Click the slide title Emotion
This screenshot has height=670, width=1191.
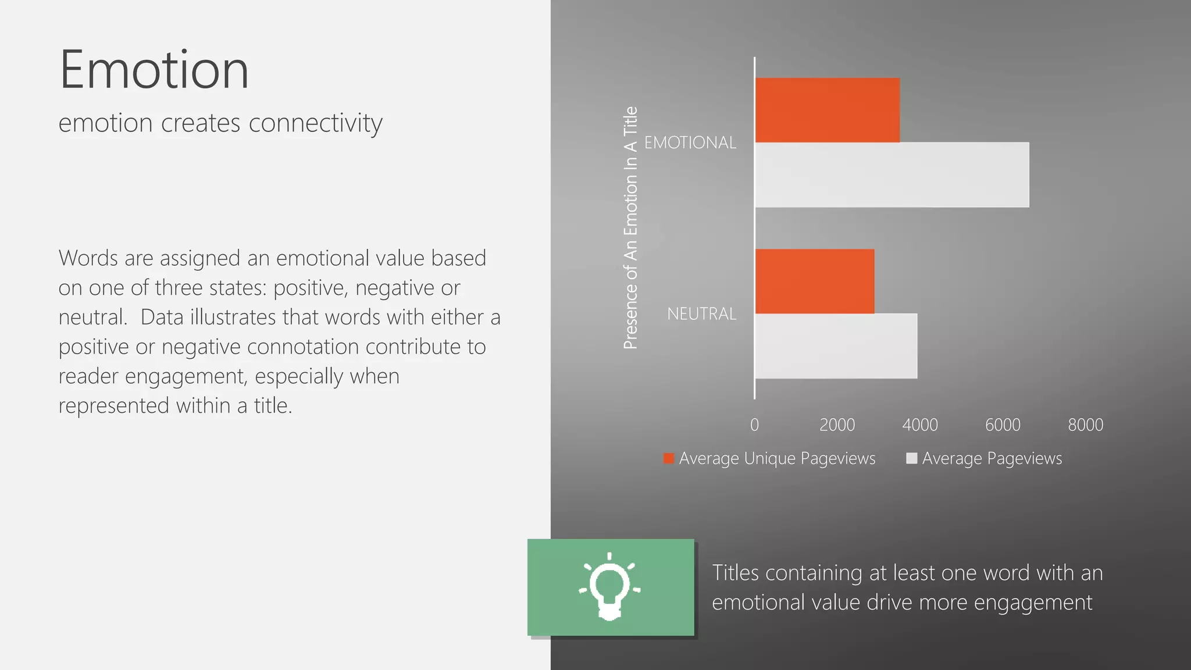(154, 70)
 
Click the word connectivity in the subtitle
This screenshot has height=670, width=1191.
(315, 123)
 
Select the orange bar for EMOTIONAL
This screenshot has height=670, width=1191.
(827, 111)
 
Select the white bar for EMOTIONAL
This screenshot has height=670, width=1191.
(892, 175)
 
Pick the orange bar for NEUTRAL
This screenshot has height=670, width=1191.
(814, 281)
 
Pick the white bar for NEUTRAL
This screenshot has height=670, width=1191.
(836, 346)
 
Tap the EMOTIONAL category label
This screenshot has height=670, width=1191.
(690, 142)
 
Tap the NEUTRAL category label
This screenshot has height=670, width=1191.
(701, 314)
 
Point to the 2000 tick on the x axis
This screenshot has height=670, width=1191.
(837, 425)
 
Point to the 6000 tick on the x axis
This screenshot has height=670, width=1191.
(1003, 425)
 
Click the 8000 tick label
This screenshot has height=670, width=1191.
(1085, 425)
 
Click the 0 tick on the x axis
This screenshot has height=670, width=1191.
(754, 425)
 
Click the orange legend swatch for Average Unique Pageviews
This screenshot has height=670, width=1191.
(669, 458)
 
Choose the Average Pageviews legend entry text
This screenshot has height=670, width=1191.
(992, 459)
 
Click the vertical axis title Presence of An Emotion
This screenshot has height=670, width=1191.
(630, 228)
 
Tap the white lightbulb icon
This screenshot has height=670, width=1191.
(609, 586)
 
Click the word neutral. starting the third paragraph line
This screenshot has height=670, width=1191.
(92, 318)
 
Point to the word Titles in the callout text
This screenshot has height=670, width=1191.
(736, 573)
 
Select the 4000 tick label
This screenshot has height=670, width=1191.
(920, 425)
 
